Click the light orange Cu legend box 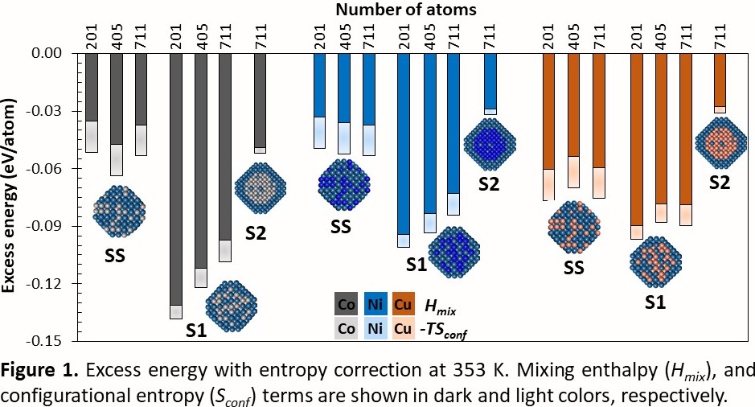tap(402, 328)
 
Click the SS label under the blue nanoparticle tap(341, 228)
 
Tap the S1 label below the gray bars tap(196, 329)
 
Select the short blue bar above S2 tap(490, 80)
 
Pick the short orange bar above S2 tap(720, 79)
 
